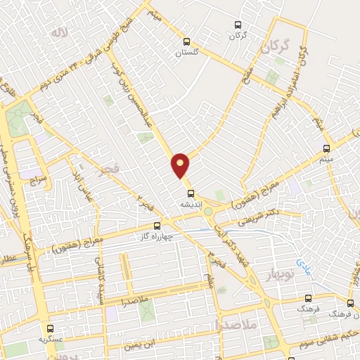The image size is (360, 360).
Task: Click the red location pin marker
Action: pyautogui.click(x=181, y=165)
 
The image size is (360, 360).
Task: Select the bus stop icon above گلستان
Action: pyautogui.click(x=186, y=41)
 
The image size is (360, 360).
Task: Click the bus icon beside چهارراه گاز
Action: pyautogui.click(x=157, y=226)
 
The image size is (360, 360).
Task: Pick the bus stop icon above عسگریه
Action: pyautogui.click(x=50, y=328)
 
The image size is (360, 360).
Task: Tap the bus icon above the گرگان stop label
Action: pyautogui.click(x=236, y=22)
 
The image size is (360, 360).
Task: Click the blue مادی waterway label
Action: pyautogui.click(x=302, y=265)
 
